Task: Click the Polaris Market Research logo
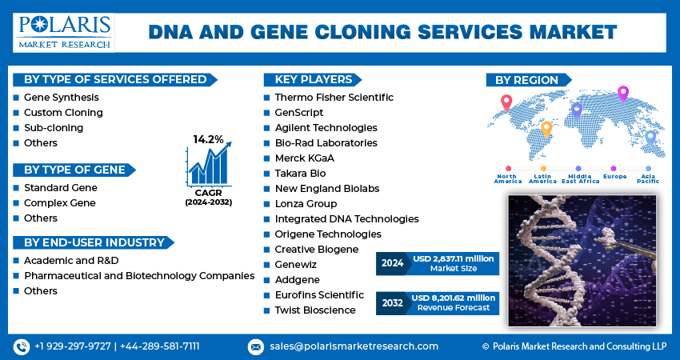point(63,32)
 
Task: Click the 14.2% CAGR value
point(208,139)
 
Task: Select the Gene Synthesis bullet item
point(62,97)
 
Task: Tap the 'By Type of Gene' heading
point(74,170)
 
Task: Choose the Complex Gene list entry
point(60,203)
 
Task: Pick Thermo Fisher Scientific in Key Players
point(334,97)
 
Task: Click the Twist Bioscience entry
point(314,310)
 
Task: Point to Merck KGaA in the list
point(304,158)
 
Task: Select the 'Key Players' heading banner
point(313,79)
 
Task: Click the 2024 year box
point(393,262)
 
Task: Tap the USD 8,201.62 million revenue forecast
point(454,302)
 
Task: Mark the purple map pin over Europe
point(623,94)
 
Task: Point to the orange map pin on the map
point(547,128)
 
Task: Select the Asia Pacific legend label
point(648,178)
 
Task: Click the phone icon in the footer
point(21,346)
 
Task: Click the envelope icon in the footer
point(255,346)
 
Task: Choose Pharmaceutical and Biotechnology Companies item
point(139,276)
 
